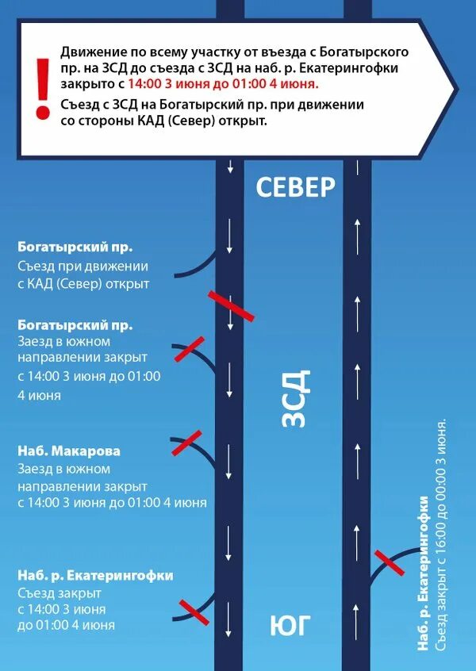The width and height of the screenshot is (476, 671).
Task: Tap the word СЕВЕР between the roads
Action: tap(296, 187)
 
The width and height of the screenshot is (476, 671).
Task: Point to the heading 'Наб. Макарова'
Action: tap(69, 451)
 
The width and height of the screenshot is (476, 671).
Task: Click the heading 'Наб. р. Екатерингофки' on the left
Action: tap(95, 576)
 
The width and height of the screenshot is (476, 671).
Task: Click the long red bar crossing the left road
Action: tap(231, 306)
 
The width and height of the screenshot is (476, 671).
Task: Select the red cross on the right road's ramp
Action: tap(390, 562)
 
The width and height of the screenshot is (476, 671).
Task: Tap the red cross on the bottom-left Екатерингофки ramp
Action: tap(194, 610)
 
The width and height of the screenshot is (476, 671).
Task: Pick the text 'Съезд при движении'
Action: tap(83, 266)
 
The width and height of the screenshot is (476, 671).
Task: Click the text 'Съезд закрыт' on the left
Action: tap(59, 593)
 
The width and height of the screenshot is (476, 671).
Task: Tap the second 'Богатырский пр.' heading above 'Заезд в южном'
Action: tap(75, 325)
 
